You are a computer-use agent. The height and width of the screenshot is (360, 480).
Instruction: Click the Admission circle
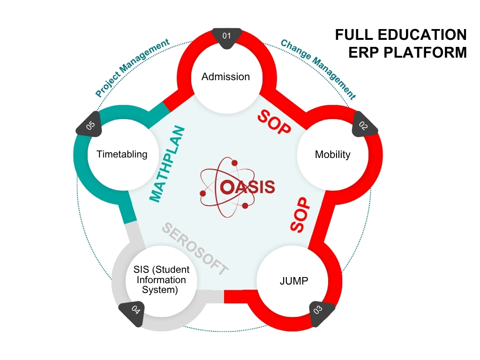coord(225,77)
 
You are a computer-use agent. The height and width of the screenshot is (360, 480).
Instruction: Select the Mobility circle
coord(332,154)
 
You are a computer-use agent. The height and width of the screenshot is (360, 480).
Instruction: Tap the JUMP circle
coord(294,281)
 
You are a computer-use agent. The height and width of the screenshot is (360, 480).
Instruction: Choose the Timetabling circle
coord(122,154)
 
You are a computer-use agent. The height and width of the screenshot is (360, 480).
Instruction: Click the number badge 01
coord(227,37)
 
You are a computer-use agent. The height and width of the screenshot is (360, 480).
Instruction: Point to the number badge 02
coord(364,125)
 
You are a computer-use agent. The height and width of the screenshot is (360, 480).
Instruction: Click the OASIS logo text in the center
coord(247,187)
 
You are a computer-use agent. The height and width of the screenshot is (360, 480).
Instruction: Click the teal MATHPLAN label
coord(168,164)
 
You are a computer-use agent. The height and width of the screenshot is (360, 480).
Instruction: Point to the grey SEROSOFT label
coord(195,249)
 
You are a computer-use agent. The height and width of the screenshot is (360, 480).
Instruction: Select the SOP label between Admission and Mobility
coord(274,123)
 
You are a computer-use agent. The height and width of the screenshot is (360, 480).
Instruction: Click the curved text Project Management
coord(132,68)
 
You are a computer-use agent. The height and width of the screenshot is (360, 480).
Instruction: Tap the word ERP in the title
coord(364,52)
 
